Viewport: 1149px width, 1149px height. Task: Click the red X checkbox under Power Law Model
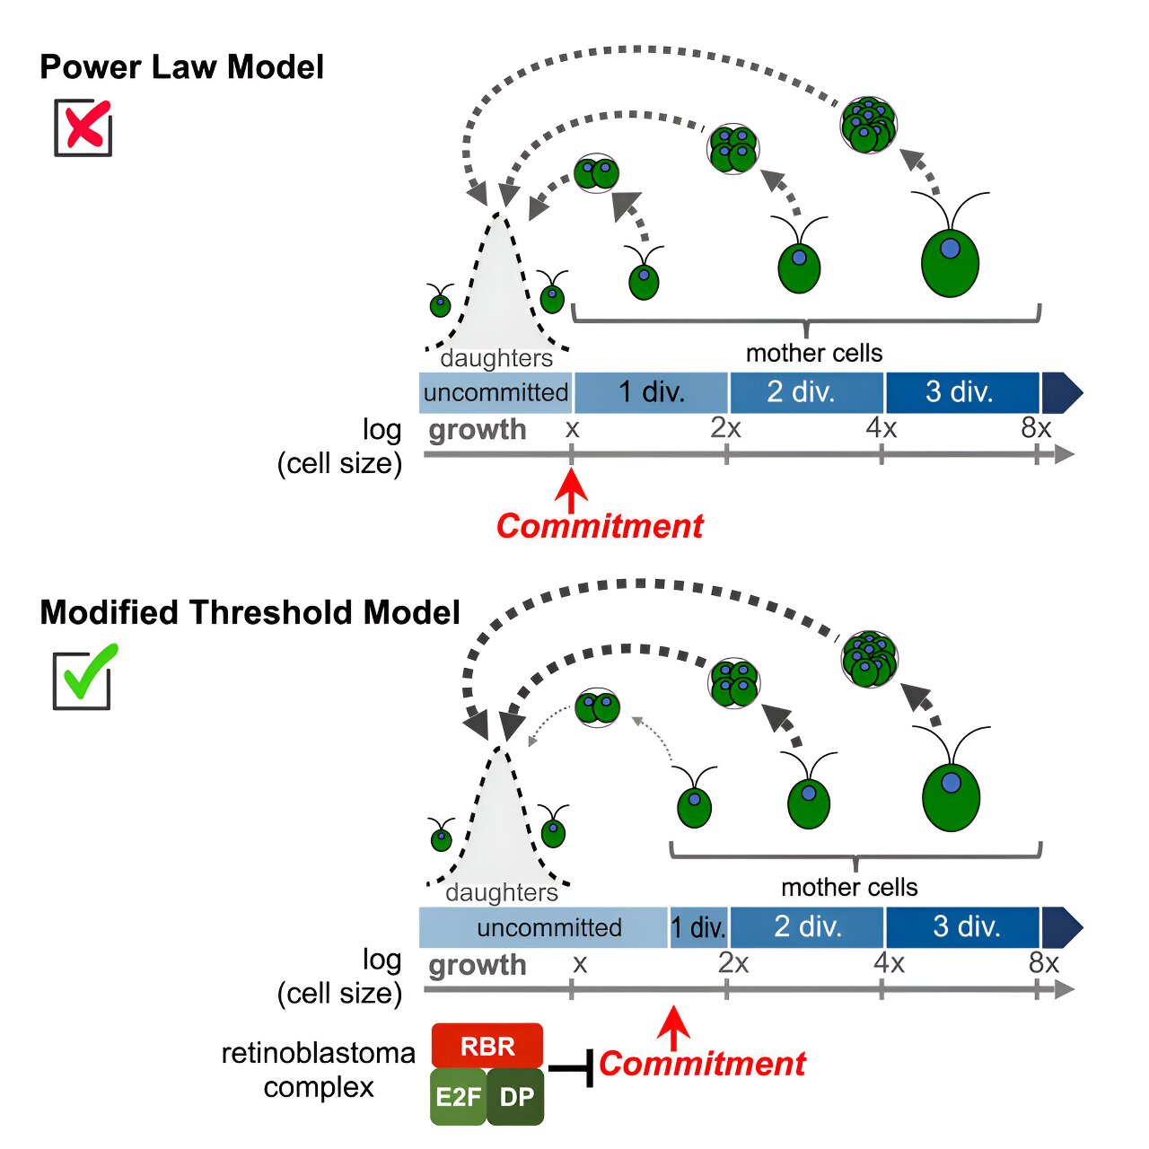[83, 127]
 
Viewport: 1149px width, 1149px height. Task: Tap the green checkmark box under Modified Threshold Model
[83, 678]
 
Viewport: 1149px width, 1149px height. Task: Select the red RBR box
[487, 1046]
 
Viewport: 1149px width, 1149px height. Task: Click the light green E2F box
[459, 1097]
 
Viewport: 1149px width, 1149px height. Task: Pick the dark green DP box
[516, 1097]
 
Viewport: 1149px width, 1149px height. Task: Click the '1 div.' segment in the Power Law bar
[652, 392]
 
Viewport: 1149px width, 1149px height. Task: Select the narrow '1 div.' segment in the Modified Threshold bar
[698, 927]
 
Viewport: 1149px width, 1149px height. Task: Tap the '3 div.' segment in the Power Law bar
[960, 392]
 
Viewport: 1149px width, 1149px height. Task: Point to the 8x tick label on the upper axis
[1036, 428]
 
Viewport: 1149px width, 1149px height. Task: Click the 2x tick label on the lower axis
[732, 963]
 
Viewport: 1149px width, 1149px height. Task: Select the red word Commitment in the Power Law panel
[600, 526]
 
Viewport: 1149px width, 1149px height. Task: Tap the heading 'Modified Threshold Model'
[250, 612]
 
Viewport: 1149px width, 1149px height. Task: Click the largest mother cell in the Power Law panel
[950, 262]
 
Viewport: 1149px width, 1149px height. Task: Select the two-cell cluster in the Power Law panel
[597, 172]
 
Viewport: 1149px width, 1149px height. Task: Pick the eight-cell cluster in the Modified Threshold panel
[869, 659]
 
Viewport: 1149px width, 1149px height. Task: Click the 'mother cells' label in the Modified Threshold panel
[849, 888]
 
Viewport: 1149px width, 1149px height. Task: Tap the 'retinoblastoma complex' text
[319, 1069]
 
